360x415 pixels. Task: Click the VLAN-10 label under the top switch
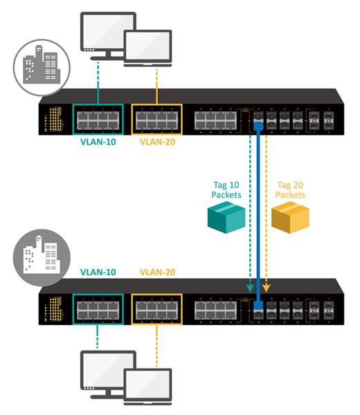[x=97, y=144]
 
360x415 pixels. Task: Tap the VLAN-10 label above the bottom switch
[x=97, y=273]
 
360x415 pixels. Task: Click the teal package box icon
[x=226, y=217]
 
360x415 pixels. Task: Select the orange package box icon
[x=290, y=217]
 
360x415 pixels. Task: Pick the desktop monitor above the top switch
[x=108, y=33]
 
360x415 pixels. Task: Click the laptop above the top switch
[x=147, y=48]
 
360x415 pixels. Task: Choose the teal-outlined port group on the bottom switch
[x=97, y=308]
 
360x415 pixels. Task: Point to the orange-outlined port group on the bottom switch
[x=156, y=308]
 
